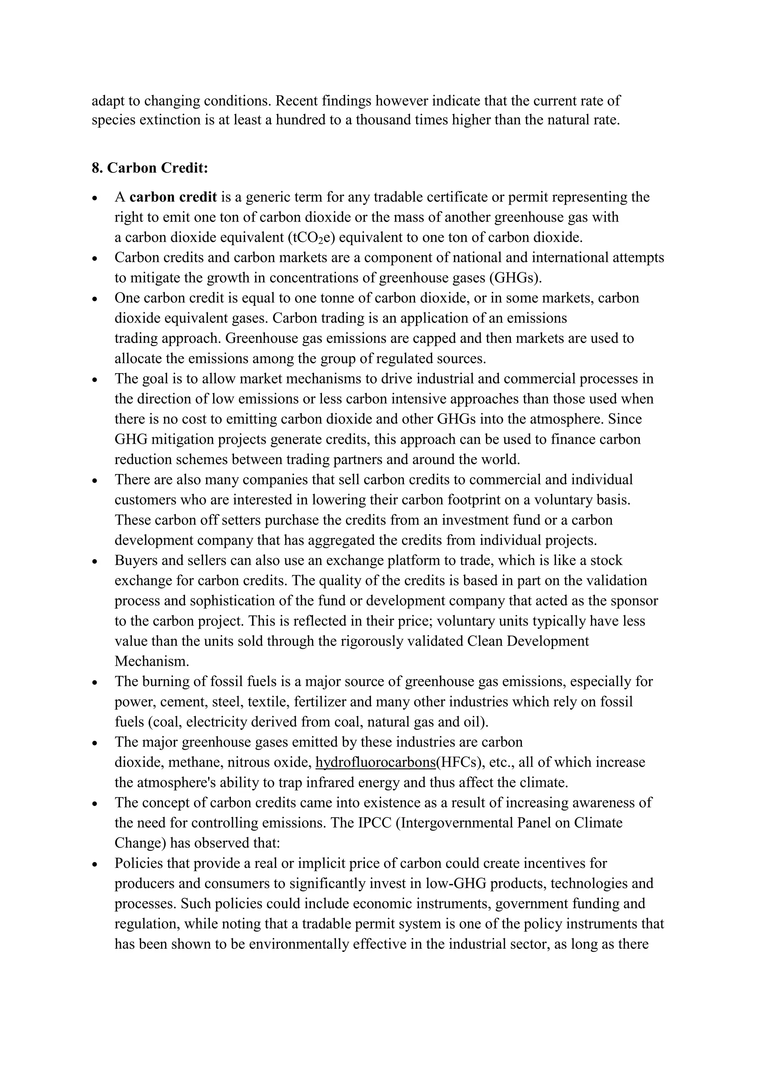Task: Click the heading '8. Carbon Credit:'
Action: pos(150,168)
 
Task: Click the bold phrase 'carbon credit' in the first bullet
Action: pos(173,197)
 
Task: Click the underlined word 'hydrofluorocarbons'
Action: pos(375,762)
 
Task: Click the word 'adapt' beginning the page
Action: pos(108,100)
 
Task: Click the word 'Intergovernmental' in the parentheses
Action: pos(457,822)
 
